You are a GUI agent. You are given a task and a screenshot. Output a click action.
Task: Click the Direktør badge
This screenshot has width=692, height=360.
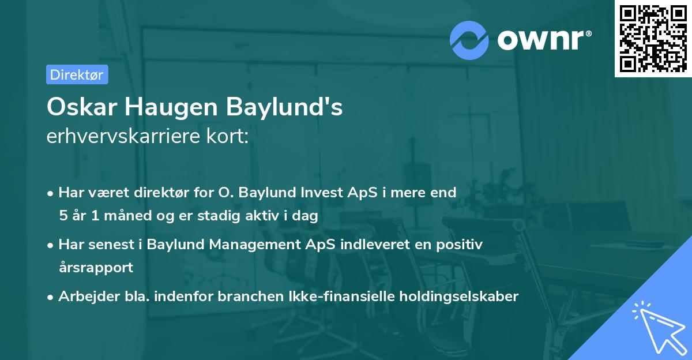pyautogui.click(x=77, y=74)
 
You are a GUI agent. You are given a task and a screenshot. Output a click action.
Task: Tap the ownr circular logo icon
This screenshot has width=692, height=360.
pyautogui.click(x=469, y=40)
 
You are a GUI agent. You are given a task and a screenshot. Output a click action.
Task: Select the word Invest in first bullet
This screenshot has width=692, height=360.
pyautogui.click(x=322, y=193)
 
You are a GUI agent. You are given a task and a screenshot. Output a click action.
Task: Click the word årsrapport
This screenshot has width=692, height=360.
pyautogui.click(x=96, y=268)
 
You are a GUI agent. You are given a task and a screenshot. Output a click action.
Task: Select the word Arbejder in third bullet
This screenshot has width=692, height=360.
pyautogui.click(x=83, y=297)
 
